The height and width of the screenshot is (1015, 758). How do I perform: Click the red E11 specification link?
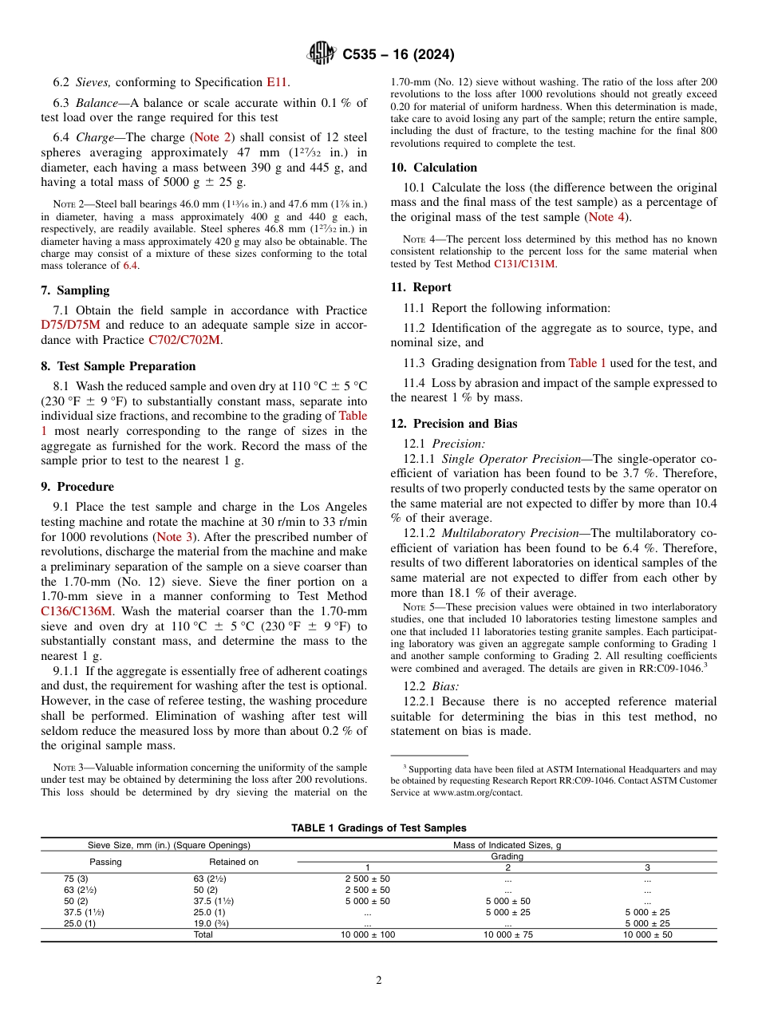(276, 81)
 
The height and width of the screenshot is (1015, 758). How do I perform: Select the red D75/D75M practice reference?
(71, 325)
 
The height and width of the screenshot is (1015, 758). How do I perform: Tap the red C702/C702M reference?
(184, 340)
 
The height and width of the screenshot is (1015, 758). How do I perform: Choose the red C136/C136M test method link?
(77, 611)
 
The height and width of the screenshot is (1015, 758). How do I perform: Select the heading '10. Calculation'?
(433, 168)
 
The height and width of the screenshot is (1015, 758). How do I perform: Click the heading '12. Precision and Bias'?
(453, 424)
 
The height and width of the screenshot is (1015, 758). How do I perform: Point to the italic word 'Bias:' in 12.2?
(445, 686)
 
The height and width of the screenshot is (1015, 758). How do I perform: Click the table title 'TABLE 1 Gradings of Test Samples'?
(379, 828)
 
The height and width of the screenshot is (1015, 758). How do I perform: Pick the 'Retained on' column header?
(234, 862)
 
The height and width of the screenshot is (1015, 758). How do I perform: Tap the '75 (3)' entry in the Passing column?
(77, 879)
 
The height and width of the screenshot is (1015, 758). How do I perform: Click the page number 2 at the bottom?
(379, 981)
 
